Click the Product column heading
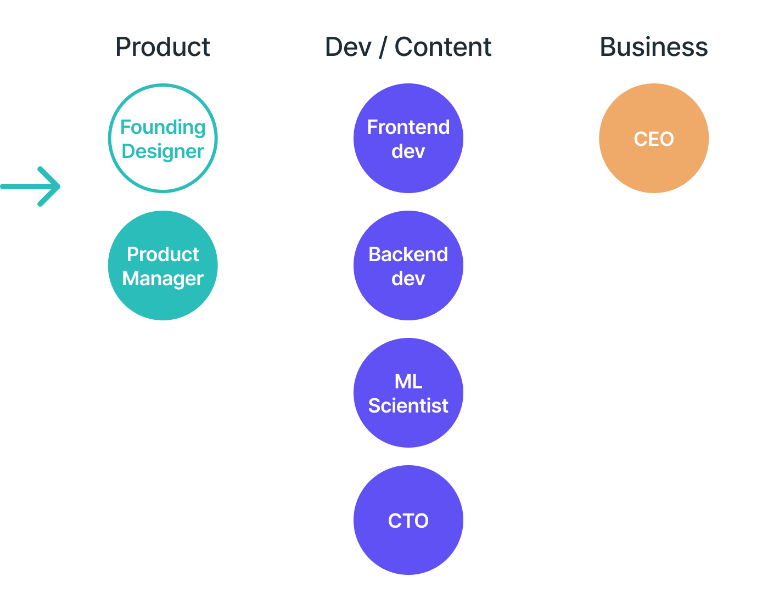pyautogui.click(x=162, y=47)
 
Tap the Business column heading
pyautogui.click(x=654, y=47)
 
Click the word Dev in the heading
pyautogui.click(x=348, y=47)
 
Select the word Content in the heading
pyautogui.click(x=443, y=47)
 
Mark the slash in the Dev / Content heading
pyautogui.click(x=383, y=48)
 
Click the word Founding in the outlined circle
pyautogui.click(x=163, y=127)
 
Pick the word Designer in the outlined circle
pyautogui.click(x=163, y=151)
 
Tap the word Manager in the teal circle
pyautogui.click(x=163, y=279)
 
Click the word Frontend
pyautogui.click(x=408, y=127)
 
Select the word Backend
pyautogui.click(x=408, y=255)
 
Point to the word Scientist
pyautogui.click(x=408, y=406)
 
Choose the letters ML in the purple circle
pyautogui.click(x=408, y=382)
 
